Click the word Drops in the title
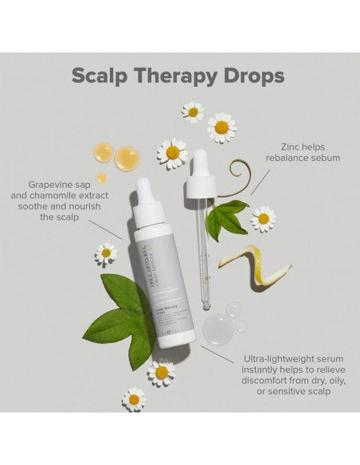tap(252, 76)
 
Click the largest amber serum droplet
tap(127, 158)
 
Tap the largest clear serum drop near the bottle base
tap(217, 328)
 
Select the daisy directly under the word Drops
tap(221, 127)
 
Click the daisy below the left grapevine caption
tap(106, 253)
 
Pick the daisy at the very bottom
tap(134, 399)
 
